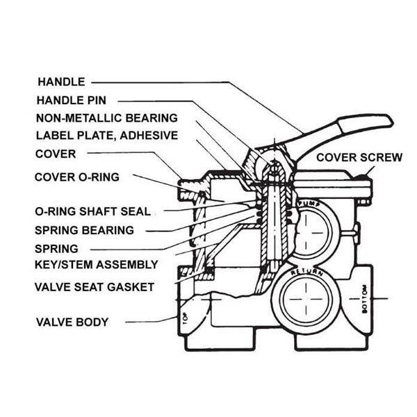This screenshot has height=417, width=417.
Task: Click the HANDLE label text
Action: (60, 81)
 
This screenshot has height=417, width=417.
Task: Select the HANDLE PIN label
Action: (81, 100)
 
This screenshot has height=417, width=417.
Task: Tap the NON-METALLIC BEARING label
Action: (106, 118)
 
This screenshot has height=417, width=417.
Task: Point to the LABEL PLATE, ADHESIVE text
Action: (106, 136)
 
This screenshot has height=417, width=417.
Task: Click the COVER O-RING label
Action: (76, 177)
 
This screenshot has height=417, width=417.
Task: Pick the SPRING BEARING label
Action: (84, 229)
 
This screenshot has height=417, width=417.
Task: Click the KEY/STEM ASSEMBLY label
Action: (96, 265)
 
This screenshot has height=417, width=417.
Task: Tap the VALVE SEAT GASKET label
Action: (95, 286)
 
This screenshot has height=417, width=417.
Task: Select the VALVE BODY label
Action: (72, 322)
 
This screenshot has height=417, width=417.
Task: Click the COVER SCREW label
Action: (359, 158)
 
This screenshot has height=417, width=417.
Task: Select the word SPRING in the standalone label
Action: (56, 247)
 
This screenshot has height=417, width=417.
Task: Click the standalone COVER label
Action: (55, 154)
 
